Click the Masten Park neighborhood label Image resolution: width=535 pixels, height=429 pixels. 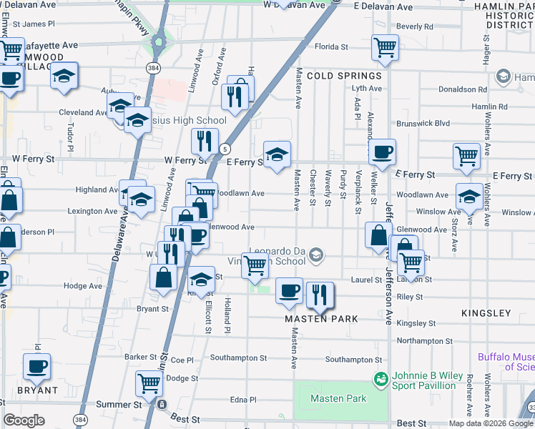tap(320, 319)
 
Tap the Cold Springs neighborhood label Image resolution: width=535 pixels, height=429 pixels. tap(344, 76)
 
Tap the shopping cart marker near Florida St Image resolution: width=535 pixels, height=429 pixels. tap(385, 47)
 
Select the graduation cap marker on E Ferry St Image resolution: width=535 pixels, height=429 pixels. tap(277, 152)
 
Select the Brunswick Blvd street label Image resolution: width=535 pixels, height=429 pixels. tap(426, 123)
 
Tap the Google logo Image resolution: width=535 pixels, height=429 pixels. tap(24, 420)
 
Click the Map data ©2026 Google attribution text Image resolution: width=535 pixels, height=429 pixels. tap(491, 423)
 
